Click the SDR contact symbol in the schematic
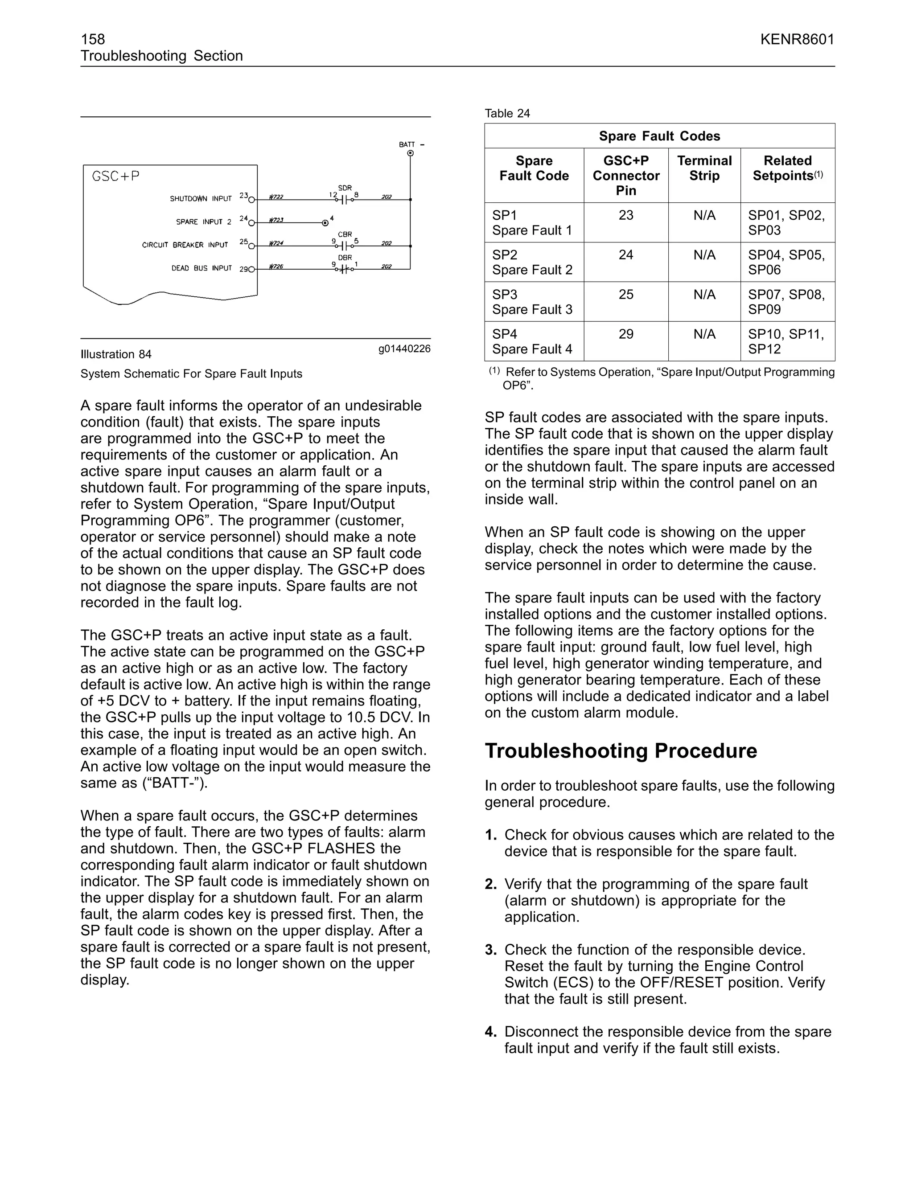[344, 200]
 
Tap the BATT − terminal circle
[411, 154]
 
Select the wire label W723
[276, 221]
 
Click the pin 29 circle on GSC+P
[251, 269]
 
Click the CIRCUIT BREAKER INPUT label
[185, 245]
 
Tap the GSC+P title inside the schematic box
[116, 176]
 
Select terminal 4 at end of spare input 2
[325, 222]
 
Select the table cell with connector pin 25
[626, 295]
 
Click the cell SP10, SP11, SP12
[786, 341]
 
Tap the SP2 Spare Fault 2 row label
[532, 262]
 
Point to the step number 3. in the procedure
[490, 950]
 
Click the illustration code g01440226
[404, 349]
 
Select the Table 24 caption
[507, 114]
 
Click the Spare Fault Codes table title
[659, 136]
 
